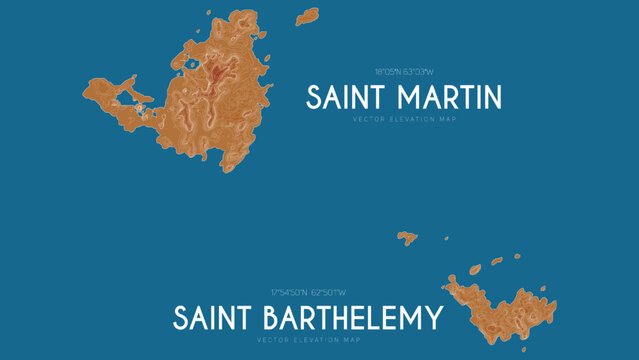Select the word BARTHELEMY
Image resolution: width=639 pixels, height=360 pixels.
(x=349, y=319)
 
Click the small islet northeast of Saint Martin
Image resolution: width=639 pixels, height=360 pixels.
(x=306, y=16)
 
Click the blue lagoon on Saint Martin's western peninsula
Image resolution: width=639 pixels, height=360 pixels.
(x=131, y=97)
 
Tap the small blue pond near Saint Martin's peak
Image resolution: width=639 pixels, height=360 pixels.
(x=190, y=66)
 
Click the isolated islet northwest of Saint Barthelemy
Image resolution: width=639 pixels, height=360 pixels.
(x=406, y=237)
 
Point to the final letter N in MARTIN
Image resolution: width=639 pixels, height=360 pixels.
(x=491, y=98)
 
